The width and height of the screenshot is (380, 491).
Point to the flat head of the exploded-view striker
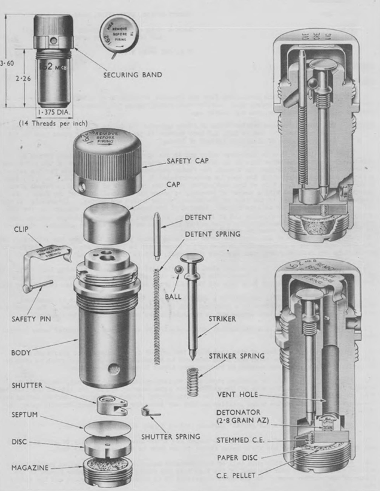tap(192, 259)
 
